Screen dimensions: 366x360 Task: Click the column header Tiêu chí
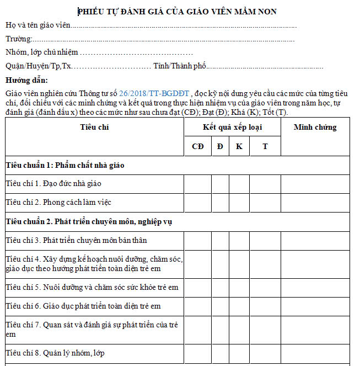(94, 127)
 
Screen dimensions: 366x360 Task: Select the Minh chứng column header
(315, 127)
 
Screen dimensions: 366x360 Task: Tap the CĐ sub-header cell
(197, 146)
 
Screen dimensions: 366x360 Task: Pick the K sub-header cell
(239, 146)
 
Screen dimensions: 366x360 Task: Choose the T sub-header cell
(265, 146)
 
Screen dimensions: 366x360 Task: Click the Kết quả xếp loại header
(232, 127)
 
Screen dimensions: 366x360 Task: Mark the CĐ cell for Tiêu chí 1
(197, 183)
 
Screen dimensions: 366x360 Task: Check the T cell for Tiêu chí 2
(265, 202)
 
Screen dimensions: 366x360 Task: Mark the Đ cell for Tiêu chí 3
(220, 240)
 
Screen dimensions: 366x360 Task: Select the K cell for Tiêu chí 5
(239, 287)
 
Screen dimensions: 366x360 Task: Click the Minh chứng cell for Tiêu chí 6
(315, 306)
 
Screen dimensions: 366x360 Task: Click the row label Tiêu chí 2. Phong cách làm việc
(58, 202)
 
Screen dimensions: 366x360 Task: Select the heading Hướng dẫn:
(22, 81)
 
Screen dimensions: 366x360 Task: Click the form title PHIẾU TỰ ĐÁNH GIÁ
(177, 11)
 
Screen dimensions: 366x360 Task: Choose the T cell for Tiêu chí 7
(265, 329)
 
